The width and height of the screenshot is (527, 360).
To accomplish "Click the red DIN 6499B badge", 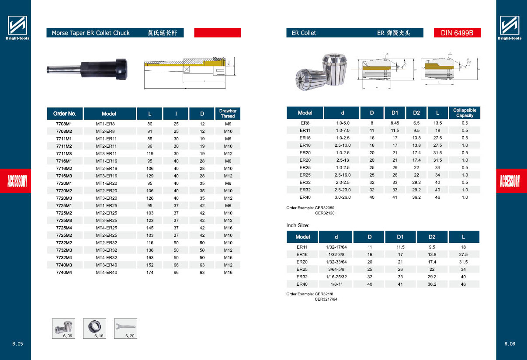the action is tap(457, 33).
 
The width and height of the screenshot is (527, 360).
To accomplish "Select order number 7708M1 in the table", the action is tap(64, 124).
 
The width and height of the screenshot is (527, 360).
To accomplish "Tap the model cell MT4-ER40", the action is tap(106, 273).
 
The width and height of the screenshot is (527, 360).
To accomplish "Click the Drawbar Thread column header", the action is tap(228, 114).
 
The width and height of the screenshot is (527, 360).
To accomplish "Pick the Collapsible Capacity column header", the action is tap(465, 113).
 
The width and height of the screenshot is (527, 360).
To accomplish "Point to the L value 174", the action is tap(149, 273).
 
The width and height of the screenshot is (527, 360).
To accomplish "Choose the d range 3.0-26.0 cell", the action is tap(343, 197).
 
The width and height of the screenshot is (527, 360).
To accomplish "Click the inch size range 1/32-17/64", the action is tap(336, 247).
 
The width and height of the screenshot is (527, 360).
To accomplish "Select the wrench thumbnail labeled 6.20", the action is tap(126, 329).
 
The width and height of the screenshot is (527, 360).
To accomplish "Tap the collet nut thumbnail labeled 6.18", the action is tap(94, 329).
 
